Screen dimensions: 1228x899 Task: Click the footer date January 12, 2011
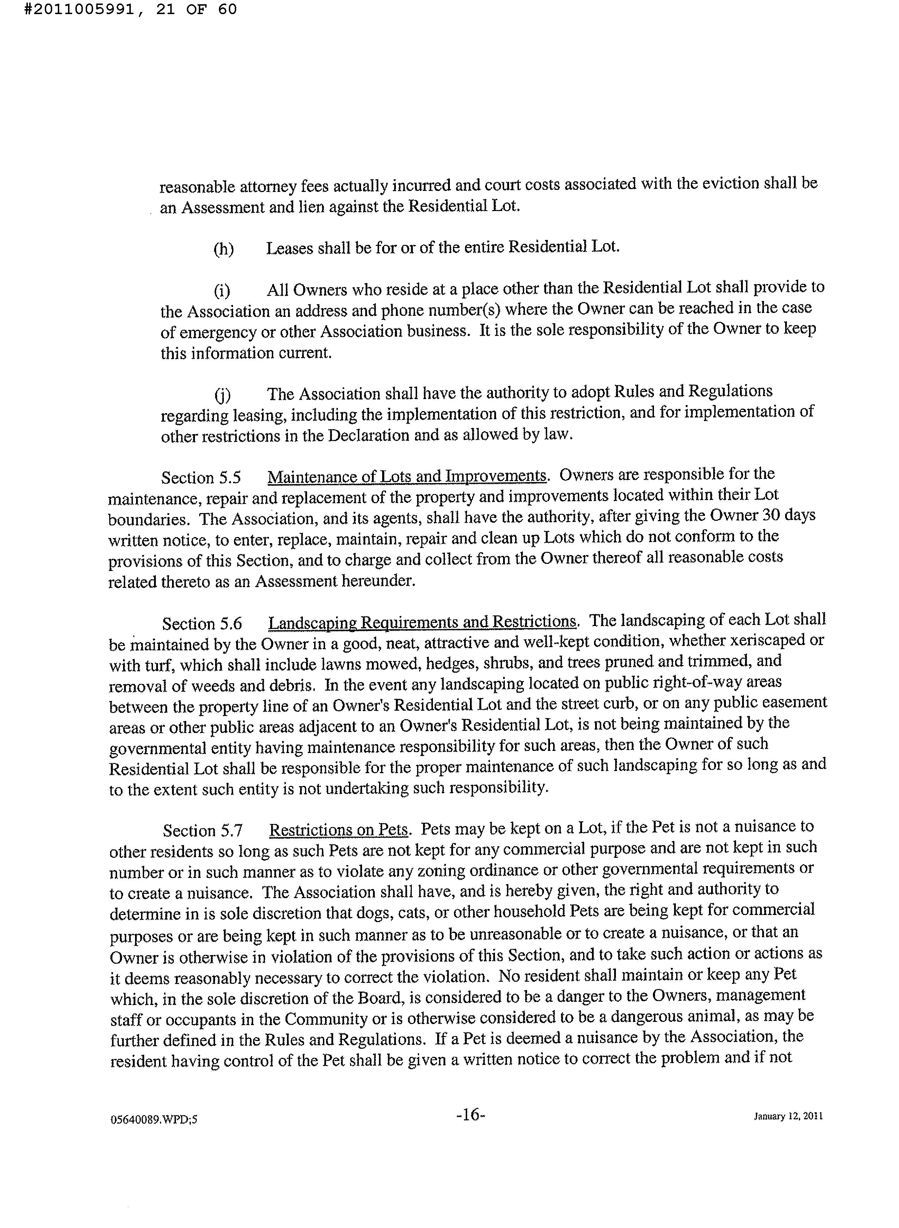point(788,1116)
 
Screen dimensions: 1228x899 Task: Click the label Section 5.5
point(201,477)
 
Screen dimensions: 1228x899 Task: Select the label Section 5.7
point(202,830)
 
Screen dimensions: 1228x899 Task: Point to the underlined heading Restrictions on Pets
point(338,829)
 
